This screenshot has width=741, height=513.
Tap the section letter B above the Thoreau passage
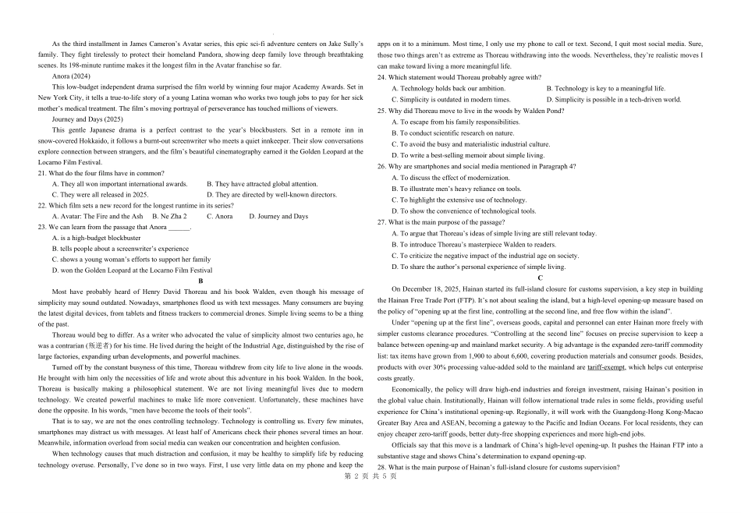(x=200, y=281)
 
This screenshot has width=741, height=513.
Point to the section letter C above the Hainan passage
(x=540, y=278)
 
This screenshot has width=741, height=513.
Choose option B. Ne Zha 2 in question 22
(x=169, y=217)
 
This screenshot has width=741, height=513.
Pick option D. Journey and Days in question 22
(x=278, y=217)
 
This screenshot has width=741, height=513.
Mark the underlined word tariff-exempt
(x=606, y=366)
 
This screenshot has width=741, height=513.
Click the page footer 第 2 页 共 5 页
(x=370, y=497)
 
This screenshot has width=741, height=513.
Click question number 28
(x=382, y=468)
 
